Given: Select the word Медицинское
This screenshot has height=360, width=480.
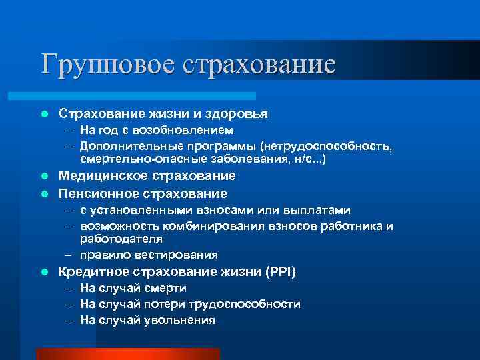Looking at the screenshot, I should (104, 176).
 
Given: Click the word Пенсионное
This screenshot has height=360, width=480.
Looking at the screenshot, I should (98, 193).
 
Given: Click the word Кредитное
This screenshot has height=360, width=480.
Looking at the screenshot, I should (93, 271).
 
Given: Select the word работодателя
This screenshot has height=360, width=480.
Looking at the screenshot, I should (121, 238).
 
